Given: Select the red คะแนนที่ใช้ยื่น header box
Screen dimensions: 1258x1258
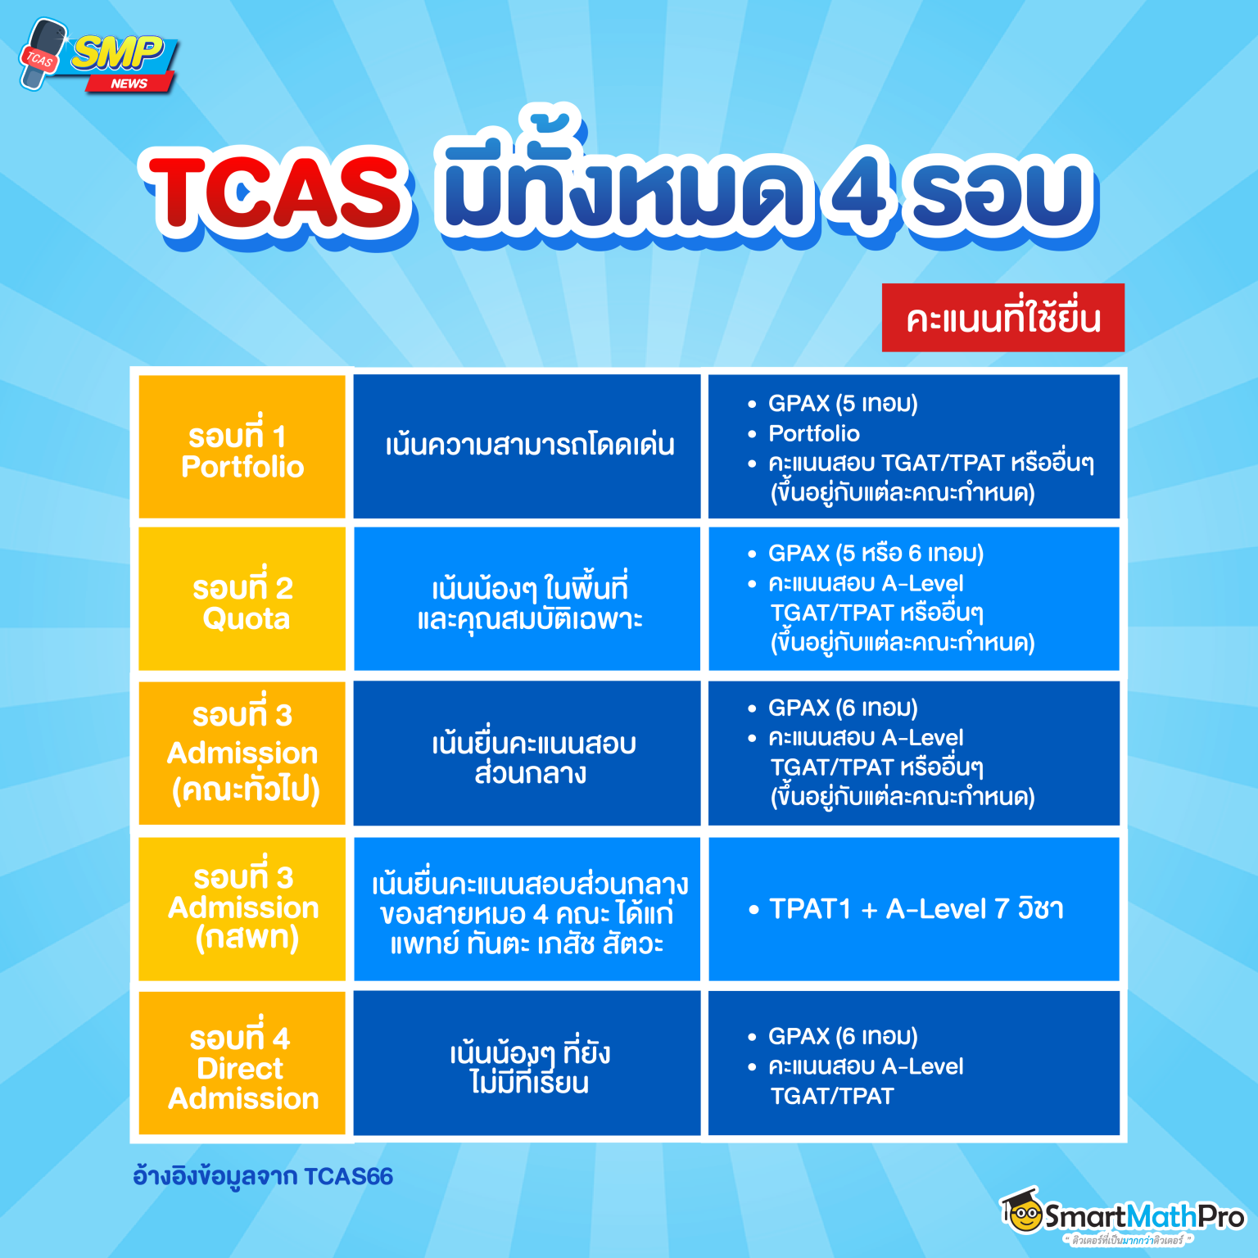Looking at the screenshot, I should coord(1002,318).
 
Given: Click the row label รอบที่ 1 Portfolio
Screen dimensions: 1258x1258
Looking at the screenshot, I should coord(242,450).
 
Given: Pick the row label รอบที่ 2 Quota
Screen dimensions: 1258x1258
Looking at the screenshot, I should coord(242,603).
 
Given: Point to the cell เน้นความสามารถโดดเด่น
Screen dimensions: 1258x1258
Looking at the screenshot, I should coord(529,446).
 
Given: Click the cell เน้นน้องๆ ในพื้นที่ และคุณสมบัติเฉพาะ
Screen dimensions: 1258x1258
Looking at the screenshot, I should coord(529,603).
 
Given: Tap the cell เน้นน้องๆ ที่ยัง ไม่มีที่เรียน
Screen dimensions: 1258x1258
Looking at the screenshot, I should coord(529,1067).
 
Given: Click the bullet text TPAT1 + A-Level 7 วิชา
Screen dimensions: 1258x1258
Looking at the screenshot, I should coord(916,909).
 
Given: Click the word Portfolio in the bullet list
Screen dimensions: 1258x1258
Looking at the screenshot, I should coord(813,433).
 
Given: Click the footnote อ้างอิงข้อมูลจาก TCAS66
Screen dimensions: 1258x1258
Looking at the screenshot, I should coord(263,1177).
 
